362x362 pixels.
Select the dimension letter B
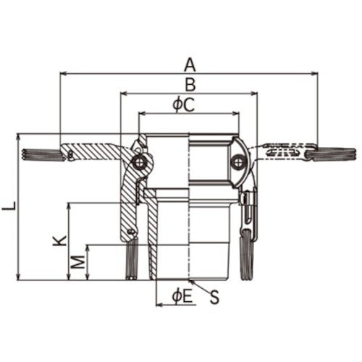click(189, 84)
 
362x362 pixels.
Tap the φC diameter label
click(184, 105)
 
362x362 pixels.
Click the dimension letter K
click(60, 240)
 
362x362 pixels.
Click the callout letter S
click(214, 295)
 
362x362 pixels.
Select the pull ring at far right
click(334, 153)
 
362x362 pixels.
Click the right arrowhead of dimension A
click(315, 72)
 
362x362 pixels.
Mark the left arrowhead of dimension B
click(123, 93)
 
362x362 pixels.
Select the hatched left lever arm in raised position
click(94, 153)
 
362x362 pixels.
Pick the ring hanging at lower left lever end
click(132, 258)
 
